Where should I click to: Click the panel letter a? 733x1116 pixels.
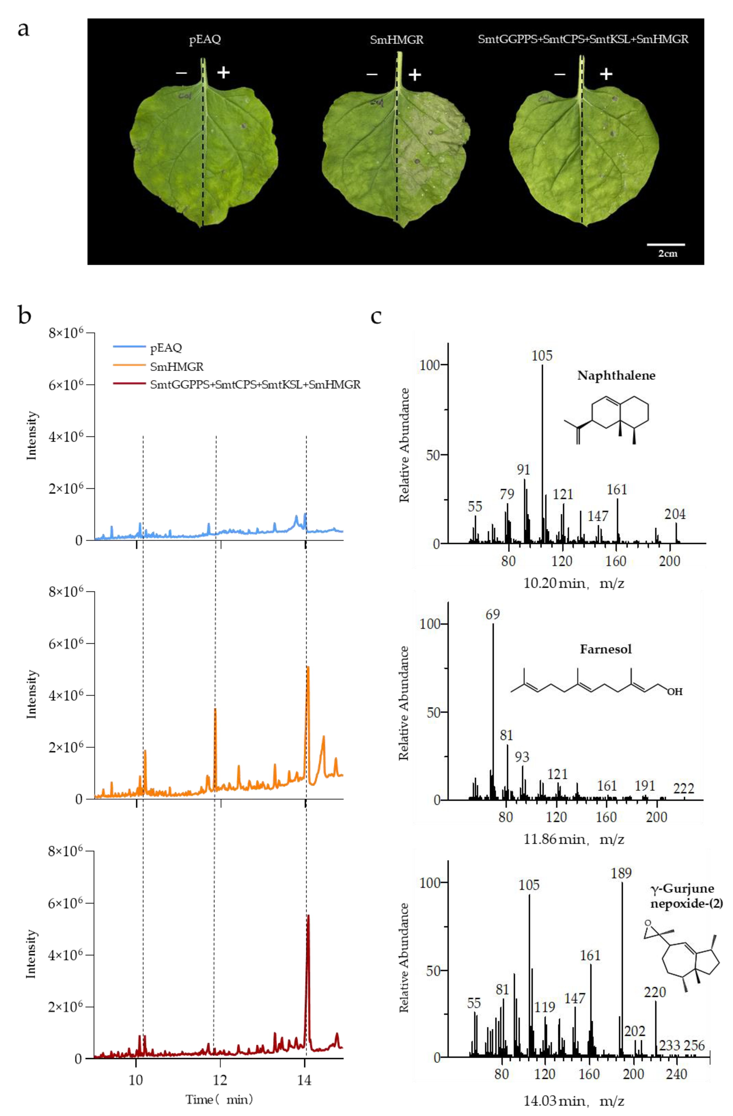click(x=23, y=29)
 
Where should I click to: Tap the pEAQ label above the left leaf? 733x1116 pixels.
click(x=205, y=39)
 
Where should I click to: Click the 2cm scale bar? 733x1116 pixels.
click(x=666, y=244)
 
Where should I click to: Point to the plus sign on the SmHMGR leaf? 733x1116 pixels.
click(x=415, y=74)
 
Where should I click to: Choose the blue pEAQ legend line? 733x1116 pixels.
click(x=129, y=347)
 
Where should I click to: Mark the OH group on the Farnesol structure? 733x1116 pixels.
click(x=675, y=692)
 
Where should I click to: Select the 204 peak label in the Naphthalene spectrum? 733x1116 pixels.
click(x=675, y=514)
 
